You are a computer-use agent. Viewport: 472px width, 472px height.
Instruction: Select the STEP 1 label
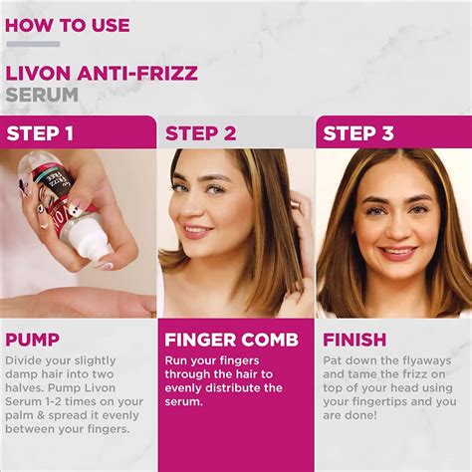(41, 133)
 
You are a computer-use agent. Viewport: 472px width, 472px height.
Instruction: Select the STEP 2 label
(200, 133)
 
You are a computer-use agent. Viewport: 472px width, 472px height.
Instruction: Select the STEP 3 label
(358, 133)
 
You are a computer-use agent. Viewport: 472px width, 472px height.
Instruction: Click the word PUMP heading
(32, 340)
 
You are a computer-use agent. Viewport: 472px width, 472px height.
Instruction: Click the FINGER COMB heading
(231, 340)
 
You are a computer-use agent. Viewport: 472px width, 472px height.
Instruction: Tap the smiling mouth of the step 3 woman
(397, 251)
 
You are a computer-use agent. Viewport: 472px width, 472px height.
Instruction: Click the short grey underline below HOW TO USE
(33, 44)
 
